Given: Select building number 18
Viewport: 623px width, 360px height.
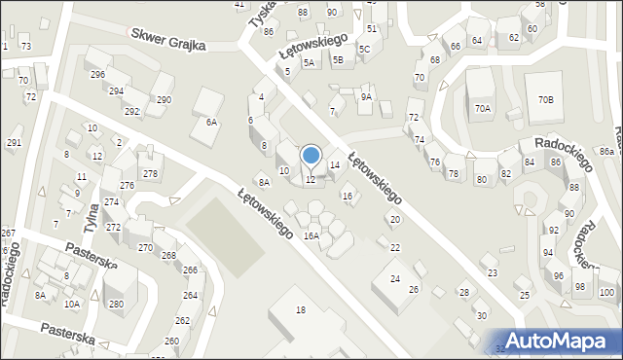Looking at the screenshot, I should [300, 309].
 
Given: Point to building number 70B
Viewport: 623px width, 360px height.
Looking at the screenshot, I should [545, 100].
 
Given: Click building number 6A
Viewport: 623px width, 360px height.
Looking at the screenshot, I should [211, 122].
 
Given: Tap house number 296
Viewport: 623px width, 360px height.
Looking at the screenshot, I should [97, 75].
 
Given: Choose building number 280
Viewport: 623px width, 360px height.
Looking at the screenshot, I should [117, 304].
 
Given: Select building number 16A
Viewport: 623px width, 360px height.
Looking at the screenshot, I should [311, 235].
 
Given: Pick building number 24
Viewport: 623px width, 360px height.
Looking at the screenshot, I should [395, 279].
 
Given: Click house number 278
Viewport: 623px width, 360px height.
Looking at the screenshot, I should [150, 174].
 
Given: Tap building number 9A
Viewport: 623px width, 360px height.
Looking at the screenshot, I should [366, 97].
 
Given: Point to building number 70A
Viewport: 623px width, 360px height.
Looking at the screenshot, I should [483, 109].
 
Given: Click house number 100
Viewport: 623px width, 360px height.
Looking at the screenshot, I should [606, 293].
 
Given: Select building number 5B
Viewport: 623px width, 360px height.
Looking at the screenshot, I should [338, 60].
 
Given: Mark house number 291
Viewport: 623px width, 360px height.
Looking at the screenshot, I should [14, 143].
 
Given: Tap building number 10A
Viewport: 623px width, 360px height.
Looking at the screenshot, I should [72, 304].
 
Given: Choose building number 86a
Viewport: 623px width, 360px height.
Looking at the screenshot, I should [606, 151].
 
